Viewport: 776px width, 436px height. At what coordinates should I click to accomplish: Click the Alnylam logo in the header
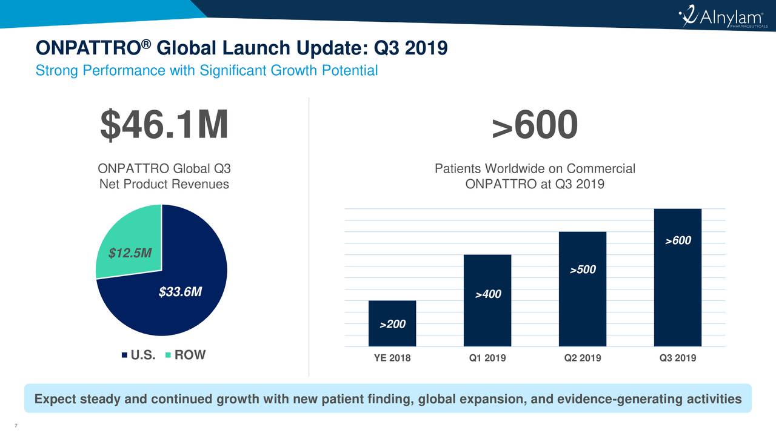722,19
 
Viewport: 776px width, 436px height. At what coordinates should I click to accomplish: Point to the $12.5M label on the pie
130,253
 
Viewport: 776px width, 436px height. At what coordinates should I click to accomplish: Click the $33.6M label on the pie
180,292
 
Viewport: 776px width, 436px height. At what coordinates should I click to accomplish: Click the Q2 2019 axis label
583,358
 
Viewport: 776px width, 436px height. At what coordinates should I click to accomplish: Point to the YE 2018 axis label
392,358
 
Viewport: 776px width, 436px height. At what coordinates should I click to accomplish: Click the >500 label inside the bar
583,269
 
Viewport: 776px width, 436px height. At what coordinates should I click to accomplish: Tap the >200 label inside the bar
392,325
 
